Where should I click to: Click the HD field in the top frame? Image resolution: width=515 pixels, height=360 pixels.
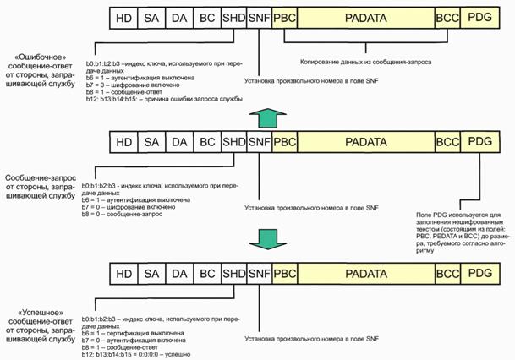pos(123,18)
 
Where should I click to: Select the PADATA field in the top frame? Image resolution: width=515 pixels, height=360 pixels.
pos(365,18)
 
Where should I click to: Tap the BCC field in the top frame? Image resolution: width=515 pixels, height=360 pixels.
pos(446,18)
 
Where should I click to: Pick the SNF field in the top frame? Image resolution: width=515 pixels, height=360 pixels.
pos(259,18)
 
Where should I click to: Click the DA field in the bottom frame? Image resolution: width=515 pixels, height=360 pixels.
pos(178,273)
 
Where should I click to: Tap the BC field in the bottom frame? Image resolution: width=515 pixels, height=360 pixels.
pos(205,273)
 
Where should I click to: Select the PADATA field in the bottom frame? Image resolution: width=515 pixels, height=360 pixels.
pos(365,273)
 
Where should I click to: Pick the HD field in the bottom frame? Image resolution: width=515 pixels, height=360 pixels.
pos(123,273)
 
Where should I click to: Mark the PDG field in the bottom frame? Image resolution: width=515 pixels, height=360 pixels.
pos(479,273)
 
